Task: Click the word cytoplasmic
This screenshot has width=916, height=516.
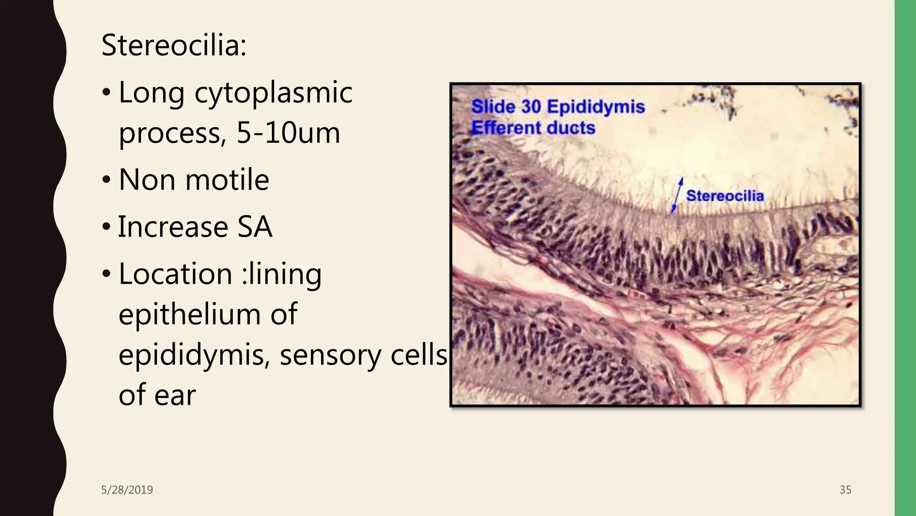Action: tap(273, 93)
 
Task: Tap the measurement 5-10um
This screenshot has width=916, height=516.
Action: tap(288, 133)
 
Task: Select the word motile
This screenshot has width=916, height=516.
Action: tap(227, 180)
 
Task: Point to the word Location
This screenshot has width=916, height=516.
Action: tap(175, 274)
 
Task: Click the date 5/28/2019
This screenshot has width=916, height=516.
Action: tap(127, 490)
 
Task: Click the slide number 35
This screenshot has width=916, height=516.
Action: tap(845, 490)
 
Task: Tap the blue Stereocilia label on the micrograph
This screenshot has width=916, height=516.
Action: tap(725, 196)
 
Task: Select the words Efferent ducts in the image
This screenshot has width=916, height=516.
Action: tap(533, 128)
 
